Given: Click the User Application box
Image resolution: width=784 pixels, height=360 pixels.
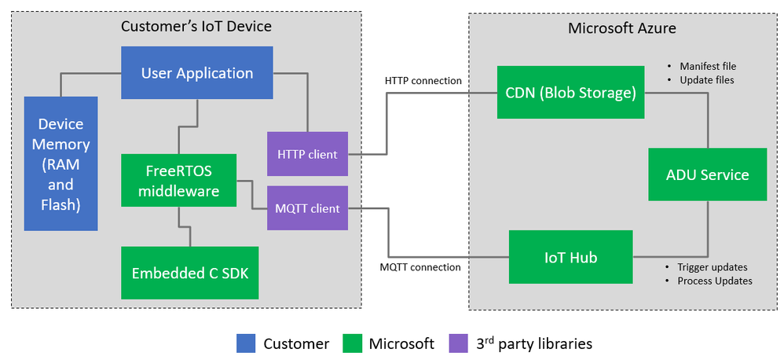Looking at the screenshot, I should tap(196, 73).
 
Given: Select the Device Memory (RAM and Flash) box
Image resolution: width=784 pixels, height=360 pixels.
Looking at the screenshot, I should tap(60, 163).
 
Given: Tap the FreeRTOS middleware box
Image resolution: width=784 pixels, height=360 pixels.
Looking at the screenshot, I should tap(179, 180).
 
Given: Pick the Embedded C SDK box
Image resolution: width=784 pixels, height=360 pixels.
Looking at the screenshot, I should tap(189, 273).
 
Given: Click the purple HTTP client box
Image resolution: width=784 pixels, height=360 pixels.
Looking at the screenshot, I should tap(307, 154).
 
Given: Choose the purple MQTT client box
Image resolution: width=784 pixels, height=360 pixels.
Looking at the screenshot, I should tap(307, 208).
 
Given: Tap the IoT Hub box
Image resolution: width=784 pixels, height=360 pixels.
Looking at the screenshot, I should tap(570, 257).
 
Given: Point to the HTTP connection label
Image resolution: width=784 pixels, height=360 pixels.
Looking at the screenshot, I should tap(423, 81).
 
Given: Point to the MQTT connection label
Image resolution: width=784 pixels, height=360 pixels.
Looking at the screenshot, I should tap(420, 267).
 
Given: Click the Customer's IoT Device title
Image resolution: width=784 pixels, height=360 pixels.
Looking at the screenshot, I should tap(196, 27).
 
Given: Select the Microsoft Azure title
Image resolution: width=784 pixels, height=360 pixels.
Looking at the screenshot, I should tap(621, 28).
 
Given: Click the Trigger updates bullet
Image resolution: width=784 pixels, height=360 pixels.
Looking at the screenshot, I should tap(706, 266).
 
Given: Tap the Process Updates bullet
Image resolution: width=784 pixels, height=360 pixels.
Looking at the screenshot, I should tap(709, 281).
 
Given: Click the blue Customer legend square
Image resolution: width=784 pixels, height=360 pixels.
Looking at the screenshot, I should tap(246, 343).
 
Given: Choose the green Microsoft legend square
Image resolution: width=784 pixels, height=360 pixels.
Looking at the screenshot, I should tap(353, 343).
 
